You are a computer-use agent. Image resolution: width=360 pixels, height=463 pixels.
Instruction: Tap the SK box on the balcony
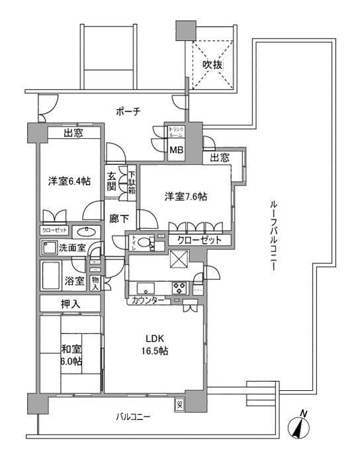[180, 405]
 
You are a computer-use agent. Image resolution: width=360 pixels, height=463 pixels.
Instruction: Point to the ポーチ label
[128, 112]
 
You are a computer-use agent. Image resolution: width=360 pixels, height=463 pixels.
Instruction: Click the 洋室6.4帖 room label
[68, 181]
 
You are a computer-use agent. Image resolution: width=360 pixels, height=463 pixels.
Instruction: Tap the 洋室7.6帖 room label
[186, 196]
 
